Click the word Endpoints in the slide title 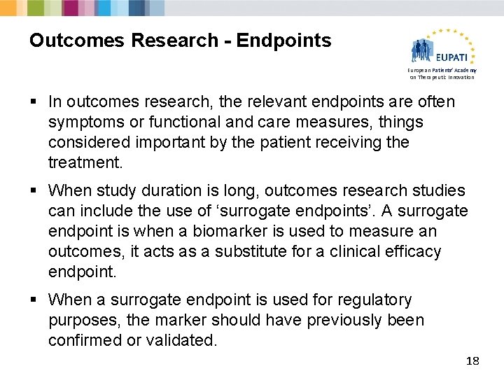[x=283, y=41]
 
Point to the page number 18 [x=472, y=360]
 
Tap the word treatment [x=84, y=163]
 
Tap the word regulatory [x=375, y=300]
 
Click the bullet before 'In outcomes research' [x=34, y=102]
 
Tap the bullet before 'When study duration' [x=34, y=191]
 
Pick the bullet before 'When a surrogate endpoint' [x=34, y=300]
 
